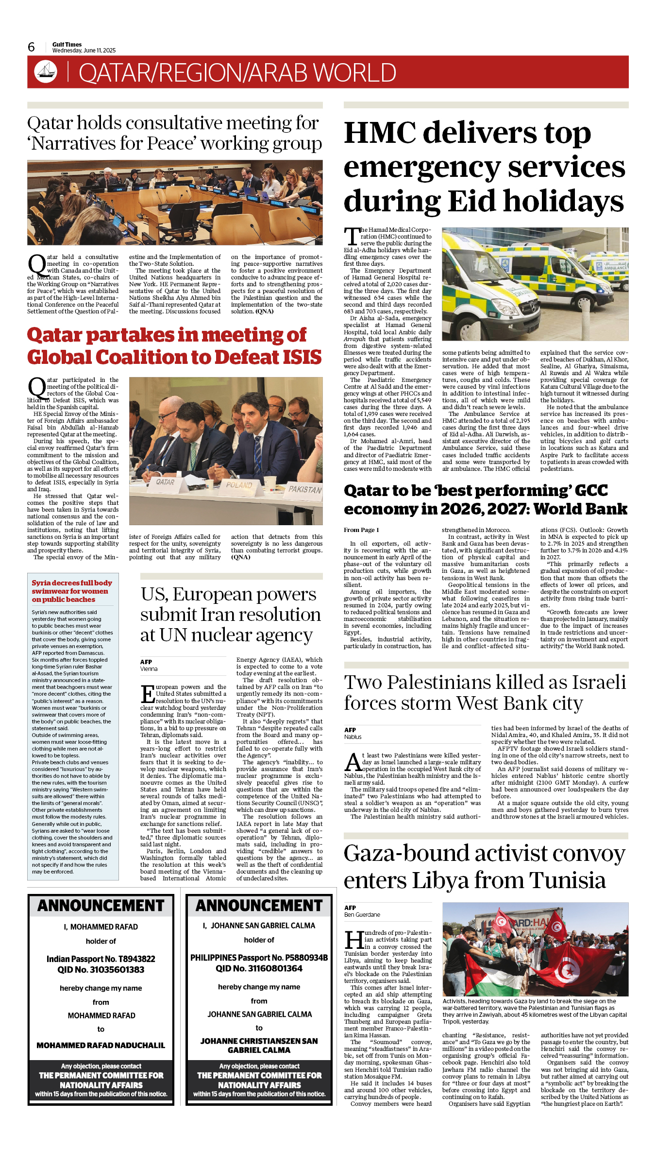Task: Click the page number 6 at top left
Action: (x=31, y=47)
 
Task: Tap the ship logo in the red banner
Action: (x=46, y=71)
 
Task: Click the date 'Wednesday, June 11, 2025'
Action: (x=84, y=51)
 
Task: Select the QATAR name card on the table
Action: (x=165, y=482)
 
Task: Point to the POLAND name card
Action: (x=239, y=485)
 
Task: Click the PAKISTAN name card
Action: (x=304, y=489)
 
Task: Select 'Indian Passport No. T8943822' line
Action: (x=101, y=959)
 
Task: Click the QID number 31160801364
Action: (x=259, y=968)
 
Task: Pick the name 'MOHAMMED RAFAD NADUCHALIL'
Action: (x=101, y=1045)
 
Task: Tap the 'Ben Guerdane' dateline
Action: (x=362, y=914)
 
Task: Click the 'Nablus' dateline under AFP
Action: (x=353, y=737)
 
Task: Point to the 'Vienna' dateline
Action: (x=149, y=669)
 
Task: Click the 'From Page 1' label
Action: (x=361, y=530)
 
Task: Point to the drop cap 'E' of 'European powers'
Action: (x=148, y=694)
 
